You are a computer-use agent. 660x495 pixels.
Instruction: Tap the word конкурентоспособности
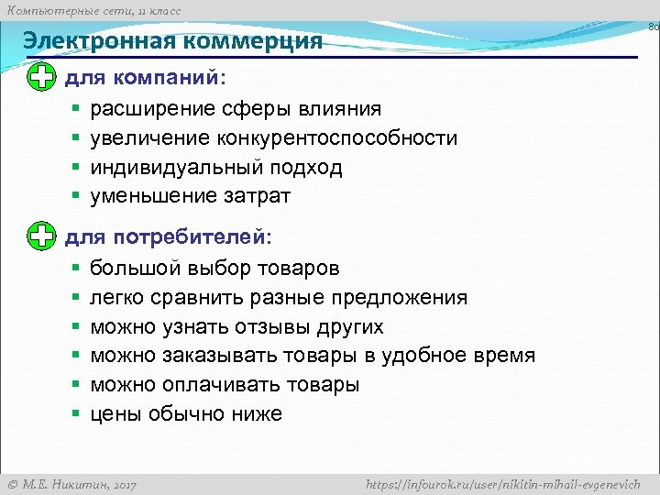click(337, 138)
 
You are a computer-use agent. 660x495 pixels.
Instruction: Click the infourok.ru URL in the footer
click(502, 483)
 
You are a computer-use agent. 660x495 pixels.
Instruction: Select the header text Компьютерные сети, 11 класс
click(91, 10)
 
